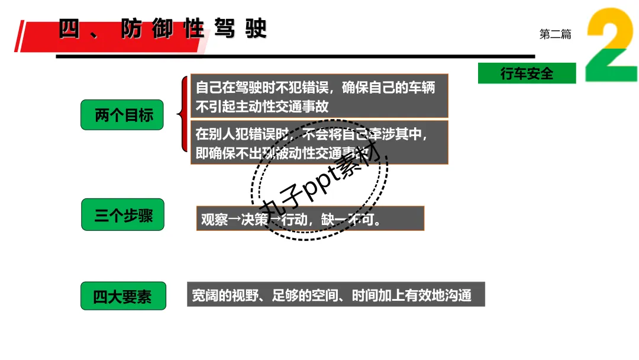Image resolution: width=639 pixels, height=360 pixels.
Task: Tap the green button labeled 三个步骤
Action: tap(122, 215)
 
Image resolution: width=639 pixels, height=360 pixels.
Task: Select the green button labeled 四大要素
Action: tap(123, 296)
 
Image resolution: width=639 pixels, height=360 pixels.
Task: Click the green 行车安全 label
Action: tap(527, 73)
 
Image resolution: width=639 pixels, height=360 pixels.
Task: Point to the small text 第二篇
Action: tap(555, 34)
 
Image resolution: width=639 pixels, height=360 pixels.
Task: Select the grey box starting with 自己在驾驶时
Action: tap(319, 96)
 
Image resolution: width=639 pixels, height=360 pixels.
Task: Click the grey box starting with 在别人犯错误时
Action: tap(319, 142)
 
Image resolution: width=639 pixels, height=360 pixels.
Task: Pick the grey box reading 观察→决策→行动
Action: tap(310, 218)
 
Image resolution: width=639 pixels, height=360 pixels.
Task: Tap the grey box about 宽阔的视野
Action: tap(335, 294)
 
